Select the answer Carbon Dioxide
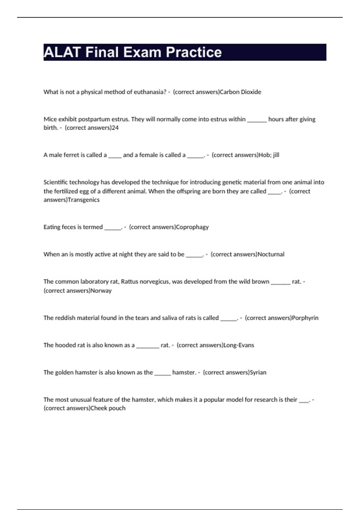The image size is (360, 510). pyautogui.click(x=241, y=92)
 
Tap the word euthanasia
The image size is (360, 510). pyautogui.click(x=150, y=92)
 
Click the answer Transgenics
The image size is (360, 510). pyautogui.click(x=84, y=200)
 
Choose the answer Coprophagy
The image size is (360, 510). pyautogui.click(x=192, y=227)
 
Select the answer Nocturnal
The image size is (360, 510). pyautogui.click(x=271, y=254)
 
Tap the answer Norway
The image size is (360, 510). pyautogui.click(x=101, y=290)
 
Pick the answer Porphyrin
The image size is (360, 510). pyautogui.click(x=305, y=318)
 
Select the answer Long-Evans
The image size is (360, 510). pyautogui.click(x=239, y=345)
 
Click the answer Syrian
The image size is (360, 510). pyautogui.click(x=258, y=372)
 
